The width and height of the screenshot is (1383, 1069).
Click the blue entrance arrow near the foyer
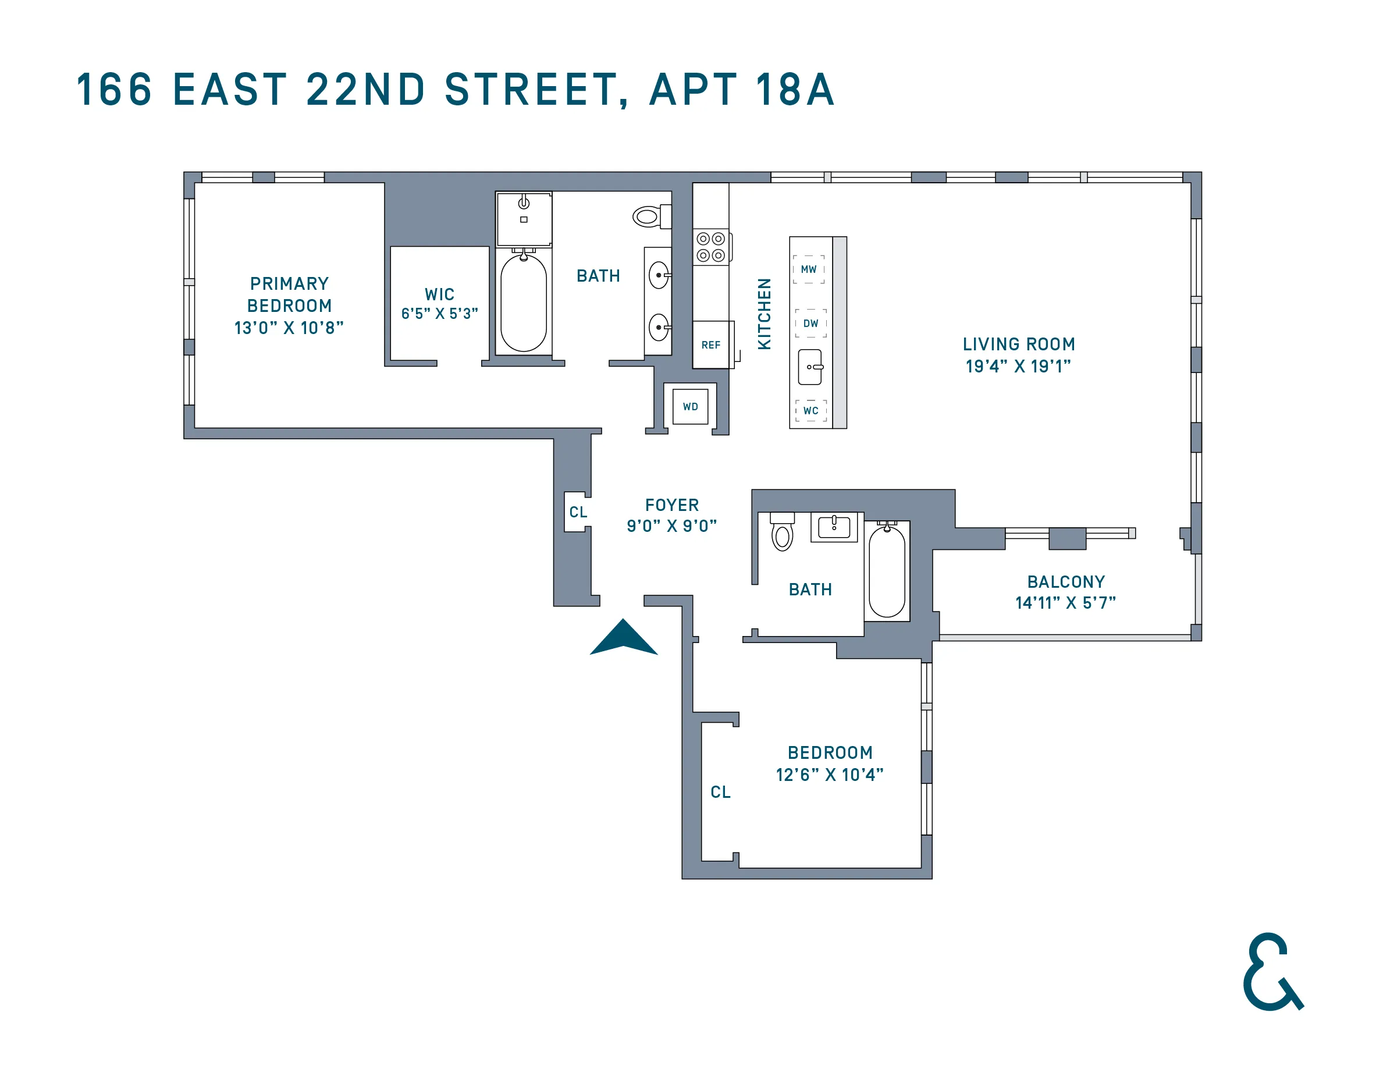pyautogui.click(x=624, y=638)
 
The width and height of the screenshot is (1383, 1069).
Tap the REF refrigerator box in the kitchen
pyautogui.click(x=712, y=345)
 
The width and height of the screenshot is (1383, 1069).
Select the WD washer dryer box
pyautogui.click(x=690, y=407)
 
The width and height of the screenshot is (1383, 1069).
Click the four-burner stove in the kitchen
pyautogui.click(x=710, y=247)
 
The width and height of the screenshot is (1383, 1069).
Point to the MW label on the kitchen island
pyautogui.click(x=809, y=269)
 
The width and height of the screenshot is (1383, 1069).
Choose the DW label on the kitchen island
pyautogui.click(x=810, y=323)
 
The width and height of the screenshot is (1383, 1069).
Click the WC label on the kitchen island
pyautogui.click(x=810, y=410)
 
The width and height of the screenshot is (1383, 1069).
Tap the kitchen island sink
pyautogui.click(x=810, y=367)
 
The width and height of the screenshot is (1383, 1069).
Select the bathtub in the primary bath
pyautogui.click(x=524, y=303)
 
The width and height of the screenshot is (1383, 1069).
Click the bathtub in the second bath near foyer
pyautogui.click(x=887, y=571)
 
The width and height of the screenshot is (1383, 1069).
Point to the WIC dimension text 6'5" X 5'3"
pyautogui.click(x=439, y=314)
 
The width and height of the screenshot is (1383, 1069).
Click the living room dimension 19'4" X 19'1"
pyautogui.click(x=1018, y=366)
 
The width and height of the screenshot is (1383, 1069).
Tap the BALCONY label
pyautogui.click(x=1066, y=581)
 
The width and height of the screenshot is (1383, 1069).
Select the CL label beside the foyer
pyautogui.click(x=578, y=512)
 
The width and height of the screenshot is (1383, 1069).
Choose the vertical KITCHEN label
pyautogui.click(x=765, y=314)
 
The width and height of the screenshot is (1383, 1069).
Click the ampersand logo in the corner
pyautogui.click(x=1271, y=971)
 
